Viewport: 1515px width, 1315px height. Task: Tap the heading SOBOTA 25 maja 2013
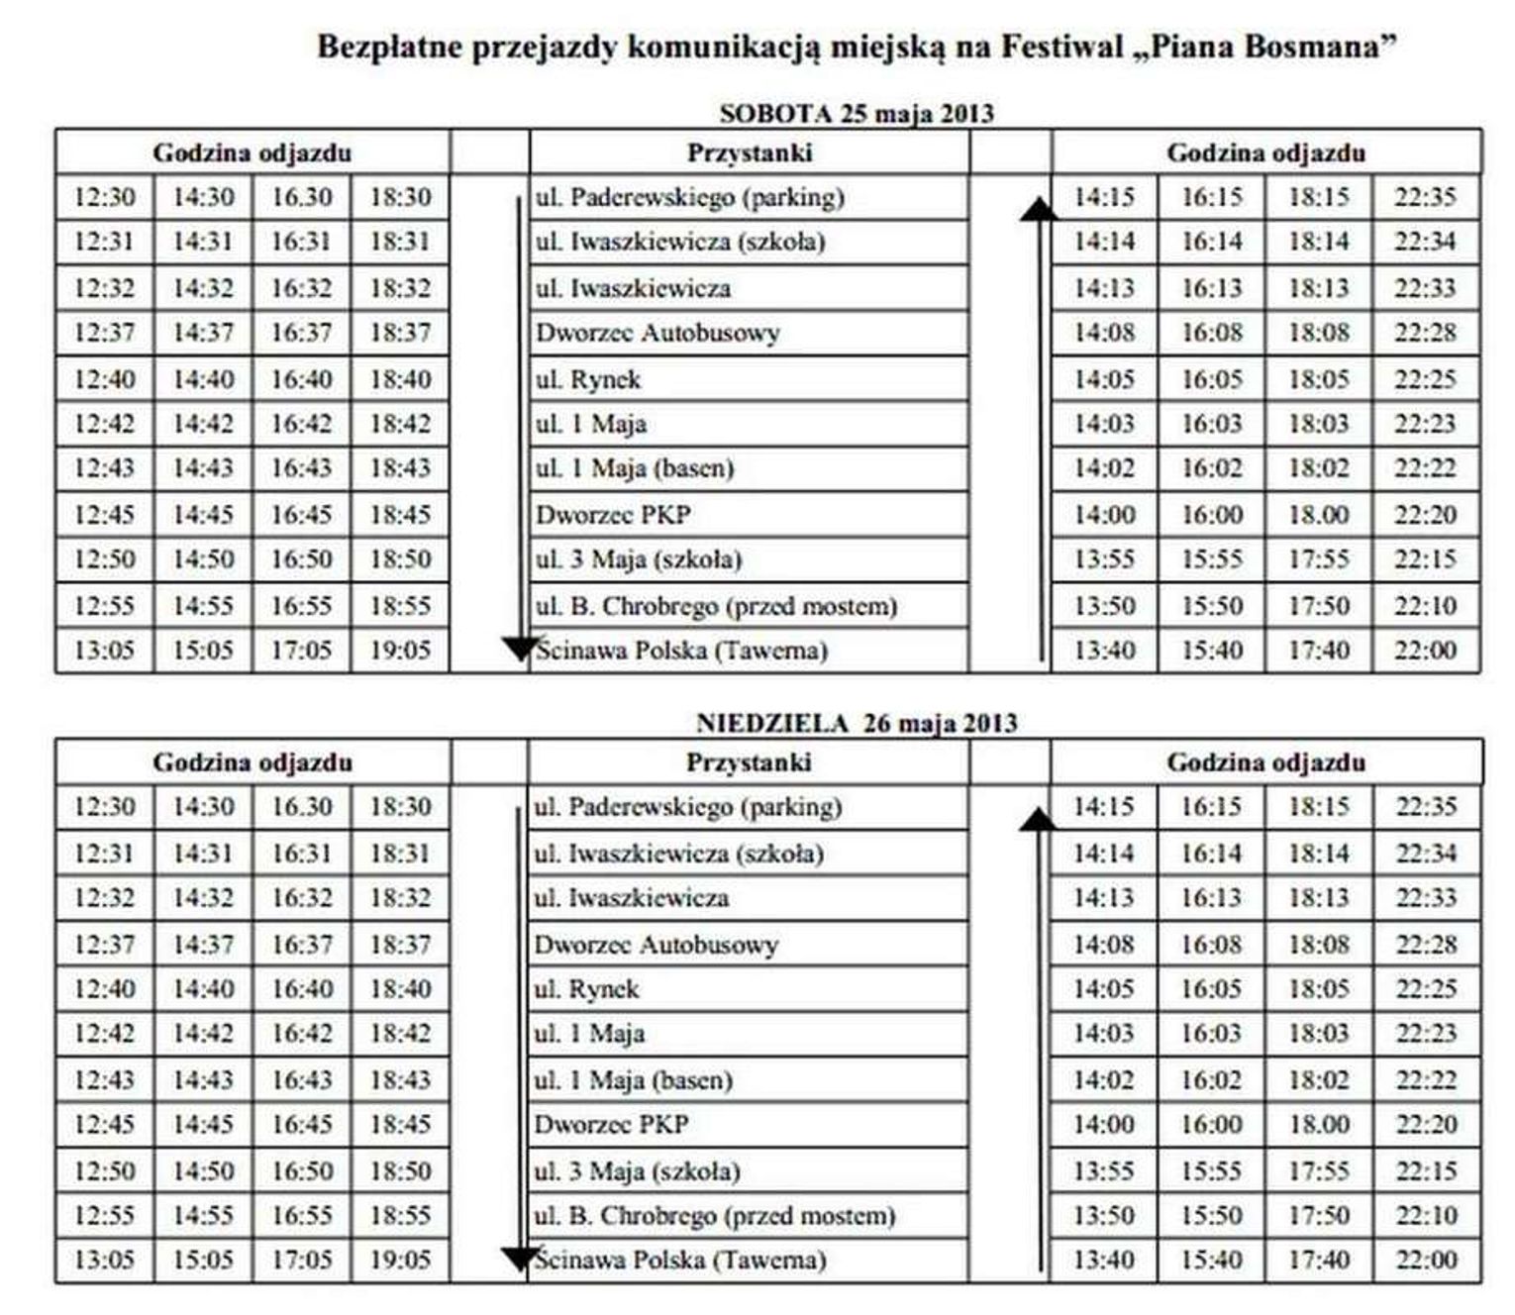coord(857,113)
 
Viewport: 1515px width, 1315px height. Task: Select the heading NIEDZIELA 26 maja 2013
coord(857,723)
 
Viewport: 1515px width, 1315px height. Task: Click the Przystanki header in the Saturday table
coord(750,152)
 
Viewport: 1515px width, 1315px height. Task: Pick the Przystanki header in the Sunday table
coord(749,762)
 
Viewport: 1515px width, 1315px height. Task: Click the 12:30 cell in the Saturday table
coord(104,197)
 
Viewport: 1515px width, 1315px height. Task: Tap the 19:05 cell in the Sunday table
coord(400,1261)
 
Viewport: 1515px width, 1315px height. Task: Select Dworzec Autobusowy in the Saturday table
coord(657,333)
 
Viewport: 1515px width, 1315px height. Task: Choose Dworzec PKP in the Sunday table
coord(611,1125)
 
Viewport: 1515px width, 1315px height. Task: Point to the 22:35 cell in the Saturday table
coord(1425,197)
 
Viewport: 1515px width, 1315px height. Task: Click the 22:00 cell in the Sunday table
coord(1426,1261)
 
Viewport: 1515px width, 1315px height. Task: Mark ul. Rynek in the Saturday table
coord(588,379)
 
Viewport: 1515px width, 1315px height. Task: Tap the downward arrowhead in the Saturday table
coord(519,649)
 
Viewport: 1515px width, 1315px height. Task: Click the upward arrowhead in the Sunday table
coord(1038,819)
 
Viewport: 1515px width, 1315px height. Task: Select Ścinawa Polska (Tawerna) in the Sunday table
coord(679,1261)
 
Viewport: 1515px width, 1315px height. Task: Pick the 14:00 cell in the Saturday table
coord(1104,515)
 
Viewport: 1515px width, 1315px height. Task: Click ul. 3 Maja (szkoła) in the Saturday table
coord(639,559)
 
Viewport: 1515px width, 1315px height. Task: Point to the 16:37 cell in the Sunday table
coord(302,944)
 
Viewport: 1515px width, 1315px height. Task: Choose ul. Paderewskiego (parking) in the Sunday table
coord(687,807)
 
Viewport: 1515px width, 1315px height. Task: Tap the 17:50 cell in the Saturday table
coord(1318,605)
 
